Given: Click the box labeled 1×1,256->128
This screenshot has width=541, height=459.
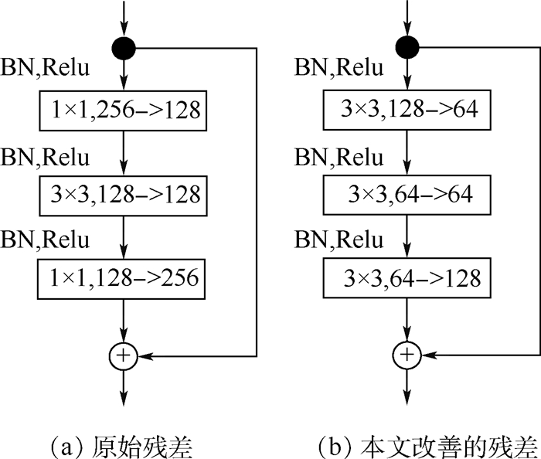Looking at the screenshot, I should (x=124, y=110).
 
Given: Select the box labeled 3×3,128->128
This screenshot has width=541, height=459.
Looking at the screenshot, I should (x=124, y=193).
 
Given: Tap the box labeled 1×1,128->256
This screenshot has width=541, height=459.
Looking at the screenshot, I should (x=124, y=277).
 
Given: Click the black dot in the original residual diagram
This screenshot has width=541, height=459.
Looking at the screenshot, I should (x=124, y=49).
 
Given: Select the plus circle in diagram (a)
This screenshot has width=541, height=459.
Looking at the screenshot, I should (x=124, y=355).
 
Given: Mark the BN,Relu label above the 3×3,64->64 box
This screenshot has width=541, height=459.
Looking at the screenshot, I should (x=340, y=158).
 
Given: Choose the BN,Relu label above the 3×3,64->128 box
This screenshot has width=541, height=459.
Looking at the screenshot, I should (x=340, y=240).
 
